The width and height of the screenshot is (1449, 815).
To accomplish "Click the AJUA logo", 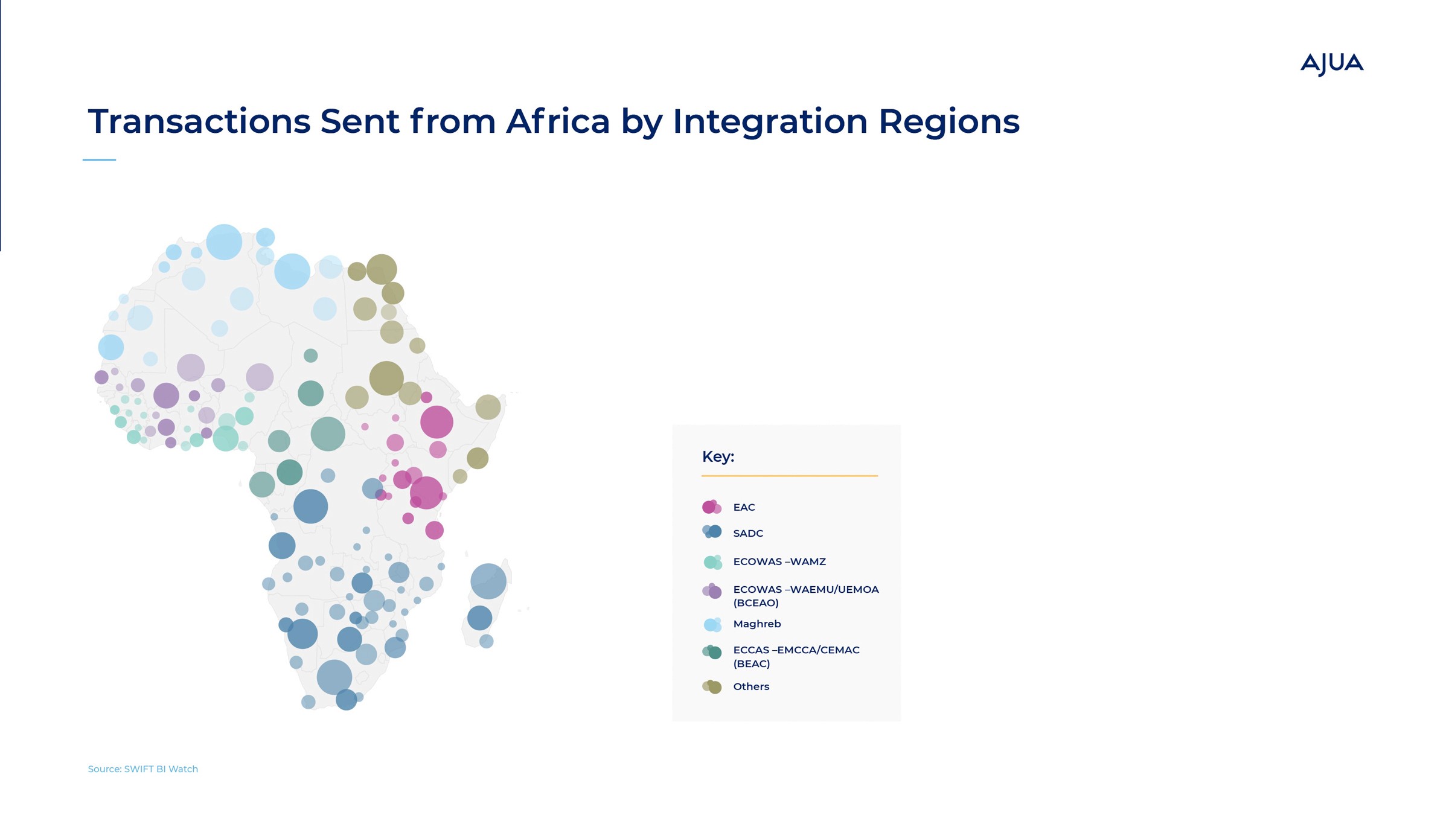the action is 1332,64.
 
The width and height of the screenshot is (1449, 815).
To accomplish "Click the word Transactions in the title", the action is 199,121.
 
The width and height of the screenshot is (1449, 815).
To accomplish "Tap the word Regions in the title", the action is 948,123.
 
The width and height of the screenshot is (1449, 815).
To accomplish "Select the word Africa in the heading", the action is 558,121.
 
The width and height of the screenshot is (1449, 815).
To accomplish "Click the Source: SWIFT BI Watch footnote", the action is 143,769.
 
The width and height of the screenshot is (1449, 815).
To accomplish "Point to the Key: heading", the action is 718,456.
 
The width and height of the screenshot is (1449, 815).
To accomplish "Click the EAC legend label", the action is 744,507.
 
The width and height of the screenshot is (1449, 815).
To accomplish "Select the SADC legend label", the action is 748,533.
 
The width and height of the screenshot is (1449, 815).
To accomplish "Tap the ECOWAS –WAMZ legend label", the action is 779,561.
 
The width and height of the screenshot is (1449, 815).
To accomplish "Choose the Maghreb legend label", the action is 757,624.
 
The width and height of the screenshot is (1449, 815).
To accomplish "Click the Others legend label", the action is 751,686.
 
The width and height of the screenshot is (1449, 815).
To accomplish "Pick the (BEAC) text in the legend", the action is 752,664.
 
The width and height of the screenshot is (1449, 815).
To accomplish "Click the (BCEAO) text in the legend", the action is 756,603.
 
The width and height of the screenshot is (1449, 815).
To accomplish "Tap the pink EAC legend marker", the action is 712,507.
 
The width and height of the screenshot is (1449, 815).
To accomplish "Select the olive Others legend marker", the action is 712,686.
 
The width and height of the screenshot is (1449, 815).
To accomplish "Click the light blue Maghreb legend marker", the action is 712,624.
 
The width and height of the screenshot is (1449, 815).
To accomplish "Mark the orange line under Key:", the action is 790,476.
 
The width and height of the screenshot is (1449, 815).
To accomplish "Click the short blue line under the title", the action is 99,160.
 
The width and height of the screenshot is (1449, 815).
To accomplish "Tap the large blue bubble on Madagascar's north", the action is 488,581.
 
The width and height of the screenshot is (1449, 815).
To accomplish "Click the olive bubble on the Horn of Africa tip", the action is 488,407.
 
